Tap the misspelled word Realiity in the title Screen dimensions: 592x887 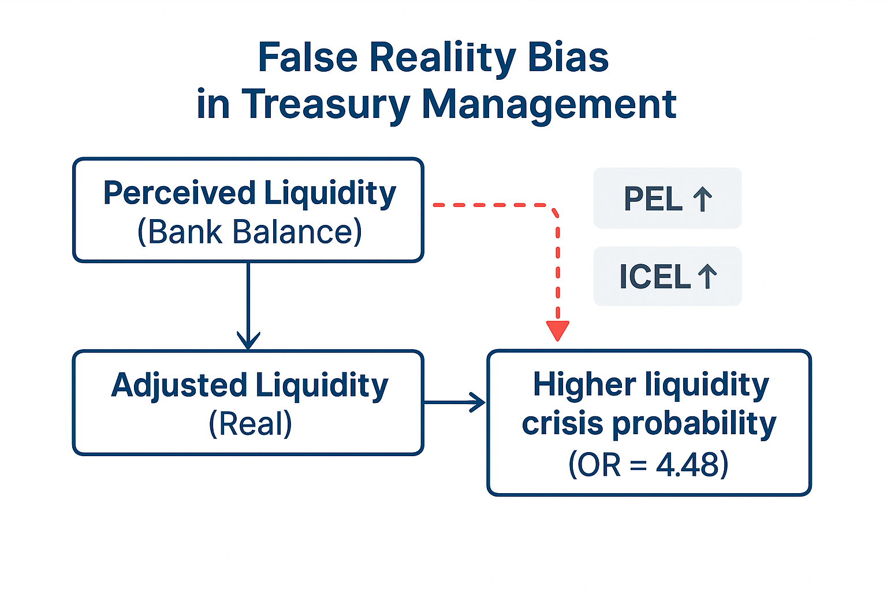point(443,59)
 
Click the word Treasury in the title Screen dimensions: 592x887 point(326,105)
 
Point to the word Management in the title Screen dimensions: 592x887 point(549,105)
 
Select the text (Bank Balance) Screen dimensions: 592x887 point(249,232)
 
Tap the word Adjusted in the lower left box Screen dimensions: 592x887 point(180,386)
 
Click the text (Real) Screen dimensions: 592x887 point(250,424)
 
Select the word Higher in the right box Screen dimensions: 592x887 point(584,386)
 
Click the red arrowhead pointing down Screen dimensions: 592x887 point(558,331)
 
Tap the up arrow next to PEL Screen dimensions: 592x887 point(703,199)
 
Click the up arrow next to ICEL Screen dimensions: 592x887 point(707,276)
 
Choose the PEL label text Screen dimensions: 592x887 point(653,199)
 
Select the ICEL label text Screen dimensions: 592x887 point(655,276)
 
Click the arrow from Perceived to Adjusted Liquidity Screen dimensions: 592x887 point(248,306)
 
